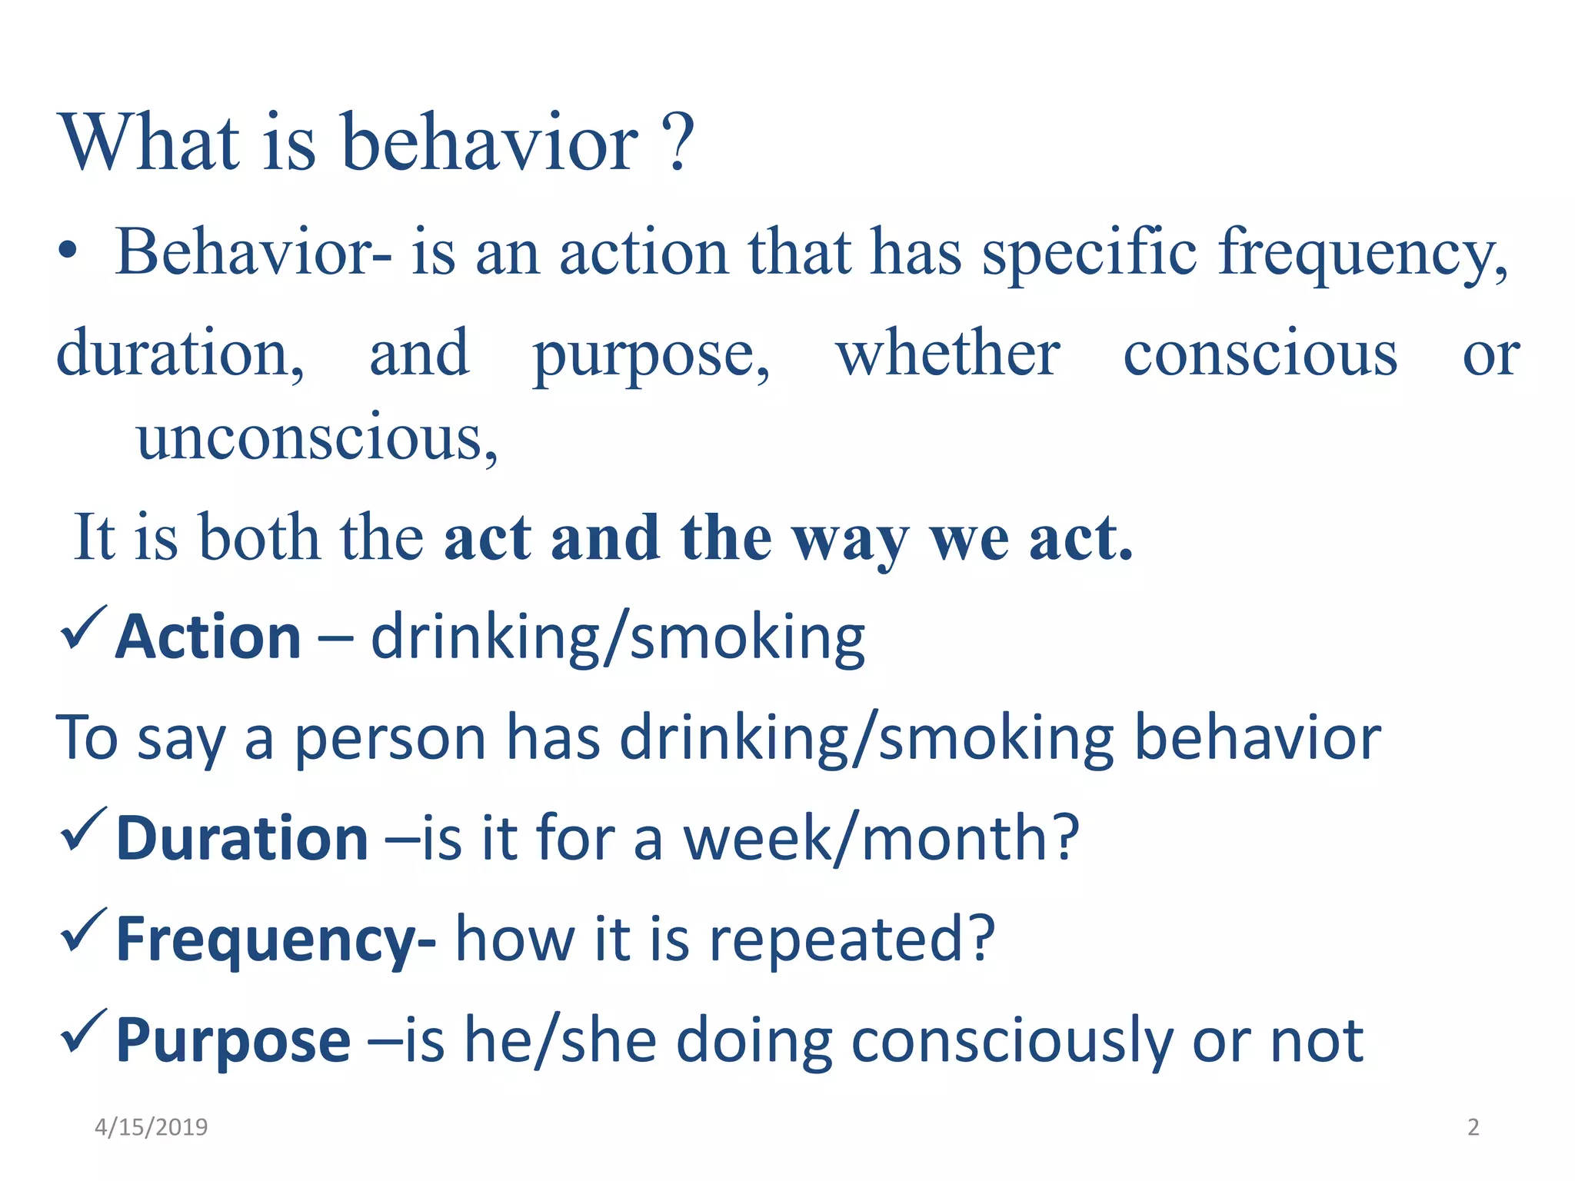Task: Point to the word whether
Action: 947,354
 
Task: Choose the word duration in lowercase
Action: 180,354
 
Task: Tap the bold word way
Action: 851,540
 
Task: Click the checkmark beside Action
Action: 82,627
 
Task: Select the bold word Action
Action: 208,637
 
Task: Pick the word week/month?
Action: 881,838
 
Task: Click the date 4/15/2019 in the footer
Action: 151,1127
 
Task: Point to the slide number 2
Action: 1473,1127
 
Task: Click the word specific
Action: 1089,254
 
